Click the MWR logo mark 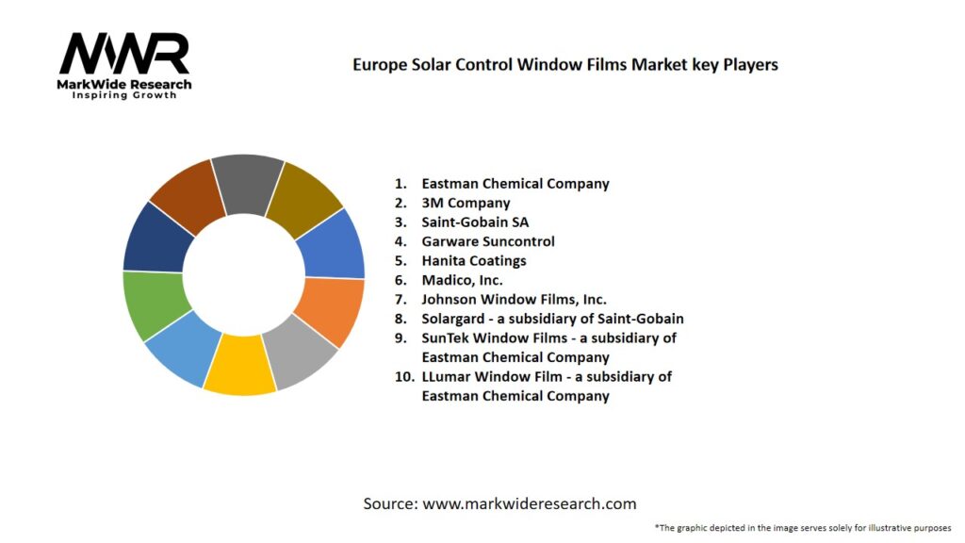(123, 55)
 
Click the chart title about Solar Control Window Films (564, 65)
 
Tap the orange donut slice (330, 312)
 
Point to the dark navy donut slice (157, 237)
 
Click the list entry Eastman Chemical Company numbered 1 (515, 184)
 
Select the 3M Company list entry (466, 203)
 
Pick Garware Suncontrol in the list (488, 241)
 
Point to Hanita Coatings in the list (474, 261)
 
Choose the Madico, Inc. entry (462, 280)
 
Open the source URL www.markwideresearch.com (529, 503)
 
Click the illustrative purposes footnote (802, 528)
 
